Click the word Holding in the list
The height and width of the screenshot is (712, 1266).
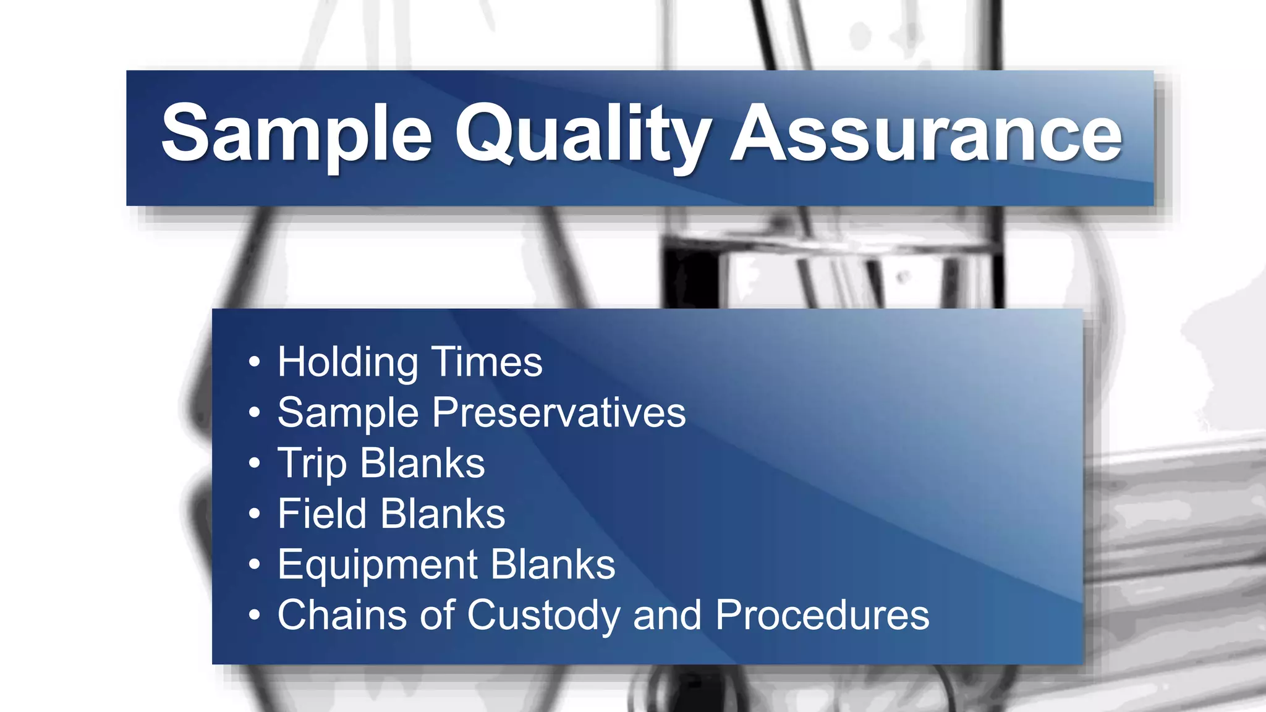[x=348, y=362]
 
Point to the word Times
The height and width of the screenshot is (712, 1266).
[x=486, y=362]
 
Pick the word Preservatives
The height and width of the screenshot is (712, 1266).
[x=559, y=413]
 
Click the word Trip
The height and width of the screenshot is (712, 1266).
[x=312, y=464]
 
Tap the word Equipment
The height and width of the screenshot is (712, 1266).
[x=377, y=565]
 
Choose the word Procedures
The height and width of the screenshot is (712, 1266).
[x=822, y=616]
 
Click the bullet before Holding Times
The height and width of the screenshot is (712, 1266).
[x=254, y=362]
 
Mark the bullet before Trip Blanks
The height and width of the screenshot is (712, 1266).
[x=254, y=464]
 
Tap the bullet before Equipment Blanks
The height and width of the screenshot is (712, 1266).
[x=254, y=565]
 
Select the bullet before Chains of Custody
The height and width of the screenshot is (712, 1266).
[x=254, y=616]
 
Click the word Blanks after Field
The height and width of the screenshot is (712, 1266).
[x=443, y=514]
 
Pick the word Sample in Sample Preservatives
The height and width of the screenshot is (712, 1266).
[x=348, y=413]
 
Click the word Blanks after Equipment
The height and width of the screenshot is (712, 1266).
[x=553, y=565]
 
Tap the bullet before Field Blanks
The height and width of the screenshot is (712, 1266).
[x=254, y=514]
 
